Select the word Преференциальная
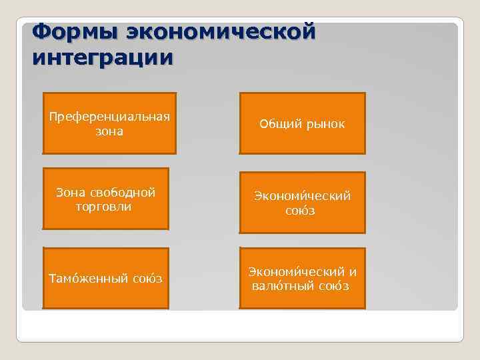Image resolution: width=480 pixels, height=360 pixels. click(x=109, y=117)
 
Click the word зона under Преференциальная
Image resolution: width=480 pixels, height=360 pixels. click(x=109, y=131)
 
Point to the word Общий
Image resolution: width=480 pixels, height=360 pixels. click(x=279, y=124)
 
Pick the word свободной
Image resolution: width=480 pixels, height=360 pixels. click(x=125, y=193)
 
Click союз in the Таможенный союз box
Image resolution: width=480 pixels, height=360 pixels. click(x=147, y=278)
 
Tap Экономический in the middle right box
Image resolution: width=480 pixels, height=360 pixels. click(x=301, y=196)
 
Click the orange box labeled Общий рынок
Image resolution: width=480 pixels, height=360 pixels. click(x=303, y=123)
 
